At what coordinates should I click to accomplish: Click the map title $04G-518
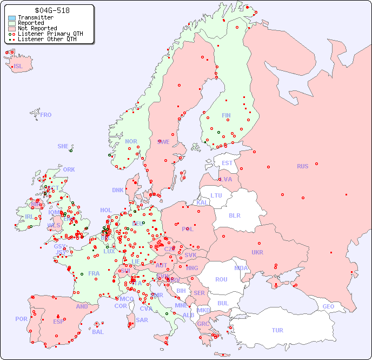51,10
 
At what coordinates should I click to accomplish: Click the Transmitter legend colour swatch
12,18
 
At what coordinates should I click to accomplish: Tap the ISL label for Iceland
18,67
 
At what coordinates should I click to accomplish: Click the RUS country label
302,166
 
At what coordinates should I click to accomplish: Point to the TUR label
277,330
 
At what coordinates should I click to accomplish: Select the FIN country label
226,115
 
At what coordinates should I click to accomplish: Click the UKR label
257,252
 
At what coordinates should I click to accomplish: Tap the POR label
21,319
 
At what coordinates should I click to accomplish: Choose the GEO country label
328,306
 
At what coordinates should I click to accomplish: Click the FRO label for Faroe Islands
46,115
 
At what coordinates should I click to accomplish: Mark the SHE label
63,146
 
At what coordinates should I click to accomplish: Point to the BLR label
234,215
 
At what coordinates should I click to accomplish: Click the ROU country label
221,279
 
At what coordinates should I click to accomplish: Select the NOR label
131,141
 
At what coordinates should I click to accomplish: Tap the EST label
227,163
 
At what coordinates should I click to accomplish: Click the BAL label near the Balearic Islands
97,332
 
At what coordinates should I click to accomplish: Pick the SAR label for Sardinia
142,320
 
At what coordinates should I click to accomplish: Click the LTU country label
216,195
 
